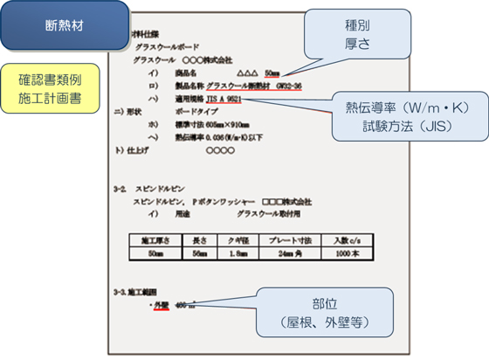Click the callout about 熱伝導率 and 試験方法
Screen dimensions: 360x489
[x=410, y=115]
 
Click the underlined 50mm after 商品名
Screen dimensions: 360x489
[x=272, y=73]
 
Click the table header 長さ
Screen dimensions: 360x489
[x=199, y=239]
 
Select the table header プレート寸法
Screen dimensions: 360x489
[x=286, y=239]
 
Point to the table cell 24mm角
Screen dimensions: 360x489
[x=286, y=253]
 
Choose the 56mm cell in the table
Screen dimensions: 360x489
[x=199, y=253]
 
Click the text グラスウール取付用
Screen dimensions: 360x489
[x=270, y=213]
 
